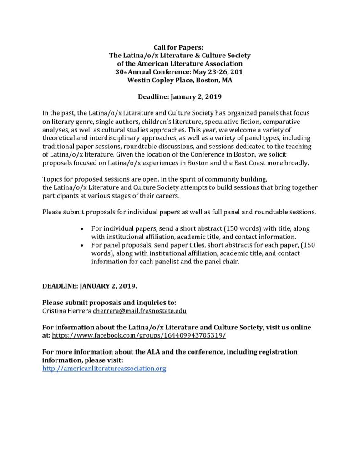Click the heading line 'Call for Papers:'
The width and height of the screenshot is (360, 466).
(180, 47)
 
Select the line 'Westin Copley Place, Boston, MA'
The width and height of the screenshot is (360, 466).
(180, 80)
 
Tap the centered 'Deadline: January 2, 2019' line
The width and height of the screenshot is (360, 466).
(180, 96)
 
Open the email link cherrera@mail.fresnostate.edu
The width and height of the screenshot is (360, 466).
(140, 311)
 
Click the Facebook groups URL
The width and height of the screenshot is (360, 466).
(139, 335)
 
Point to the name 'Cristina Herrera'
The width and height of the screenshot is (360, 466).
(66, 311)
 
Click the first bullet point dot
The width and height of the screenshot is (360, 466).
(81, 228)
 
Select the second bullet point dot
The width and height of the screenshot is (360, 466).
(81, 245)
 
